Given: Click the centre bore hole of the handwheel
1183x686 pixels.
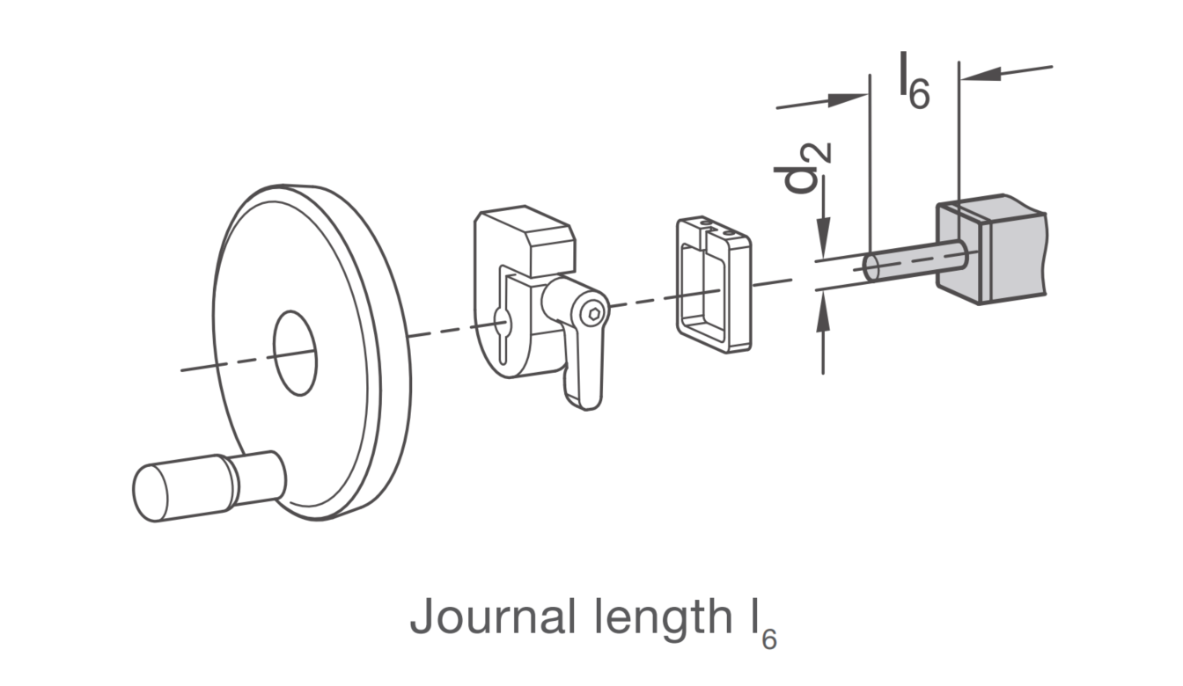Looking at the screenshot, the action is (x=295, y=353).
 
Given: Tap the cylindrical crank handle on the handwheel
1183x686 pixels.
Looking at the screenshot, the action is (x=209, y=486).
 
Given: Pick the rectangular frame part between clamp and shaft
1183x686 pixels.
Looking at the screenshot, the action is (x=713, y=284).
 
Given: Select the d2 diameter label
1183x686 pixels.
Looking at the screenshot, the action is (x=802, y=168).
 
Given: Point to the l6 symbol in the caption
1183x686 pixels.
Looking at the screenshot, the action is (x=760, y=624).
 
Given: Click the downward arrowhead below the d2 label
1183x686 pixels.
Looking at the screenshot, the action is (x=823, y=238).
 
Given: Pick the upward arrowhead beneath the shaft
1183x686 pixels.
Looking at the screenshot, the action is (x=823, y=311).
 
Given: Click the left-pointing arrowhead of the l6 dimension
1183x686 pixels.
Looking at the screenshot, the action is (x=981, y=74).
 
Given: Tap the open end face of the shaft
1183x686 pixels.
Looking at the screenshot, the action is (x=871, y=267).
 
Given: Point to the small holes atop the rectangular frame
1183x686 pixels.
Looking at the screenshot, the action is (x=716, y=227).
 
